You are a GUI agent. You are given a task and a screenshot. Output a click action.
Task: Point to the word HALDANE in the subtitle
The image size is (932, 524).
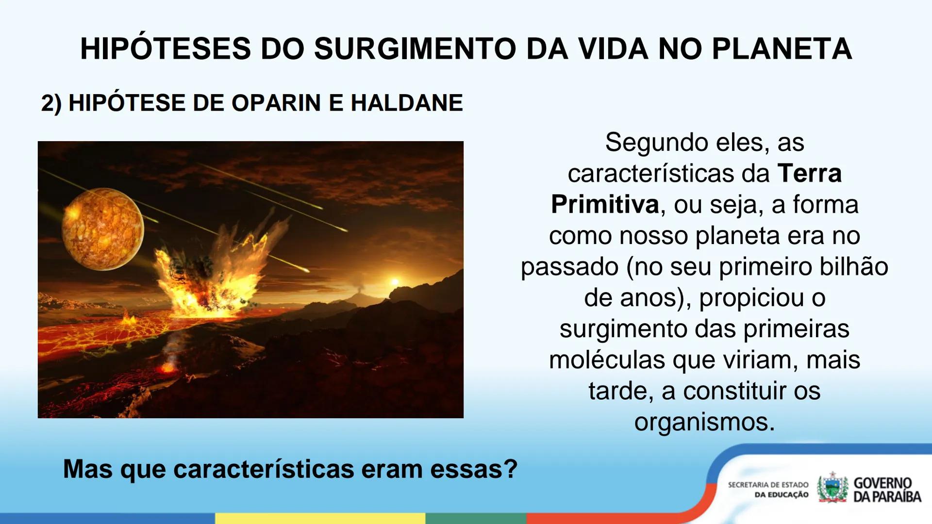pyautogui.click(x=407, y=103)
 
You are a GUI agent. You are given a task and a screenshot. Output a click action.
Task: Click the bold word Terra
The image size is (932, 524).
pyautogui.click(x=809, y=173)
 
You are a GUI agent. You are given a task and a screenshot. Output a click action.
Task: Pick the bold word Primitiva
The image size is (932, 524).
pyautogui.click(x=605, y=204)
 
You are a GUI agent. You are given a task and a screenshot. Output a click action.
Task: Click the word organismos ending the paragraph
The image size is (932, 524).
pyautogui.click(x=704, y=422)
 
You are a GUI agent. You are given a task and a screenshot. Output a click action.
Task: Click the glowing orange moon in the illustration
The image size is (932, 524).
pyautogui.click(x=102, y=229)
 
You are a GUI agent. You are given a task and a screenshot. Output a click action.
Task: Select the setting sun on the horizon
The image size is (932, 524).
pyautogui.click(x=395, y=282)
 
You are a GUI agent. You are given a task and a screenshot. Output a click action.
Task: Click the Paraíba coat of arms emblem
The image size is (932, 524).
pyautogui.click(x=832, y=488)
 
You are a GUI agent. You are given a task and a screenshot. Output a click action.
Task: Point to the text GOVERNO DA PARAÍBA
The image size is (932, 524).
pyautogui.click(x=886, y=490)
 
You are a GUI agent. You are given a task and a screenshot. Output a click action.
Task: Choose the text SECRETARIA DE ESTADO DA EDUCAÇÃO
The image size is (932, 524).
pyautogui.click(x=768, y=490)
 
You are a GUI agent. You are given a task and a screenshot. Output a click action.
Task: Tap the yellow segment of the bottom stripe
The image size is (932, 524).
pyautogui.click(x=320, y=518)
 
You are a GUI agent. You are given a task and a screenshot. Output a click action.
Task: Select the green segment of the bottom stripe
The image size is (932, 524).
pyautogui.click(x=476, y=518)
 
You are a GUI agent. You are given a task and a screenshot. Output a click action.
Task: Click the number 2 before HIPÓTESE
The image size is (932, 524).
pyautogui.click(x=47, y=103)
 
